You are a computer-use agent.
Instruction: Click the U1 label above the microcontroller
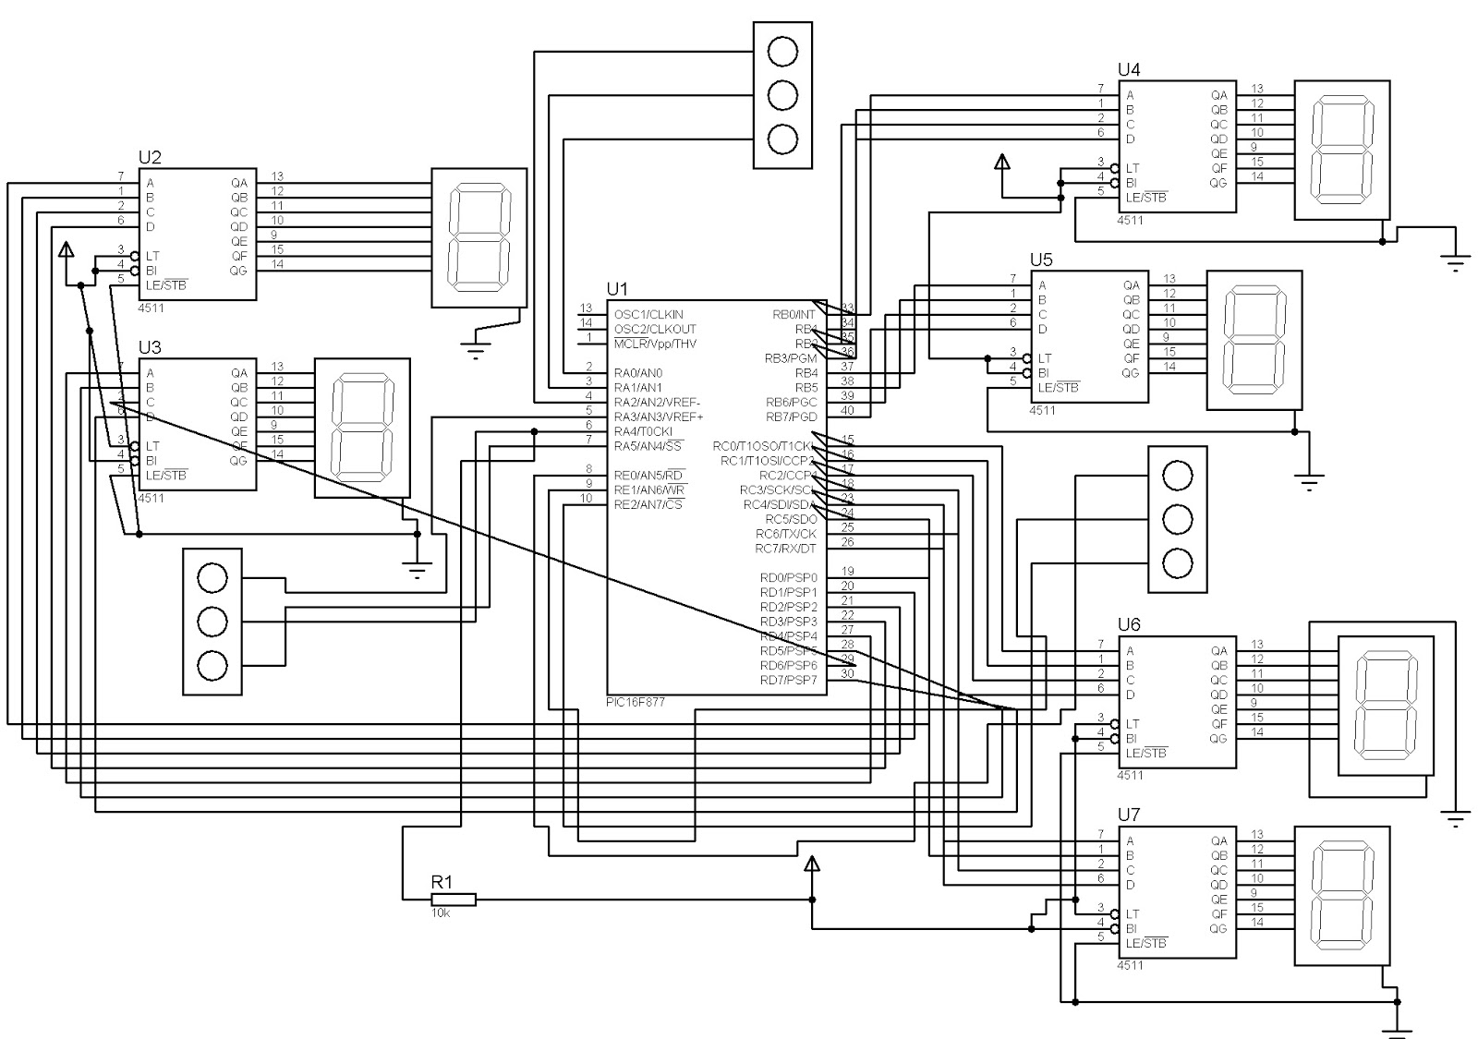[616, 290]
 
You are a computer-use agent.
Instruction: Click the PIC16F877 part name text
[635, 702]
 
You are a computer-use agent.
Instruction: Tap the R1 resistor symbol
[454, 899]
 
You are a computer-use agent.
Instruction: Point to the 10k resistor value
[440, 912]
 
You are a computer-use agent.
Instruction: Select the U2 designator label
[149, 157]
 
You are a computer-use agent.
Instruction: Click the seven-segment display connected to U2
[479, 237]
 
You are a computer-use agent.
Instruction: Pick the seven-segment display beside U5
[1254, 340]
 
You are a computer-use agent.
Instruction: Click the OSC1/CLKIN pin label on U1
[648, 315]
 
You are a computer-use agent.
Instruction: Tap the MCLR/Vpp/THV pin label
[654, 344]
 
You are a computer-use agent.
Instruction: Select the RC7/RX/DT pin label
[786, 549]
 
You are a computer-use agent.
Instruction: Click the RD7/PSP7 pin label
[788, 681]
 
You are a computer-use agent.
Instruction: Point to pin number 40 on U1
[847, 410]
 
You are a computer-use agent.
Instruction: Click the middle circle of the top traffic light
[782, 95]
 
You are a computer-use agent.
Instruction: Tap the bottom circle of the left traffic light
[212, 666]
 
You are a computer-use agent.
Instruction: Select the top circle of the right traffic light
[1177, 477]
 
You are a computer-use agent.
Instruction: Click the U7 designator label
[1129, 815]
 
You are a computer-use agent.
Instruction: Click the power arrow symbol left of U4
[1002, 163]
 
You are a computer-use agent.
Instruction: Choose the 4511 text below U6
[1130, 776]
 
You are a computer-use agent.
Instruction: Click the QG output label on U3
[239, 461]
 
